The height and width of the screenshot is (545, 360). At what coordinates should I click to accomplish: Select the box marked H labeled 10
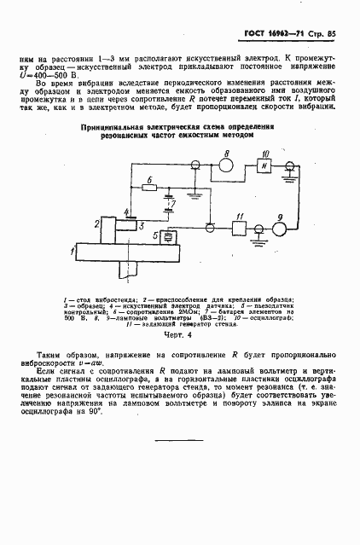coord(264,165)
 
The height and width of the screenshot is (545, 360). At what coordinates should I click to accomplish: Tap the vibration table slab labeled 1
coord(127,252)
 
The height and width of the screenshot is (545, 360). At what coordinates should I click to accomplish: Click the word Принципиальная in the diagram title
coord(110,126)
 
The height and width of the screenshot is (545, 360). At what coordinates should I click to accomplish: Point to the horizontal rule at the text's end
coord(179,439)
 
